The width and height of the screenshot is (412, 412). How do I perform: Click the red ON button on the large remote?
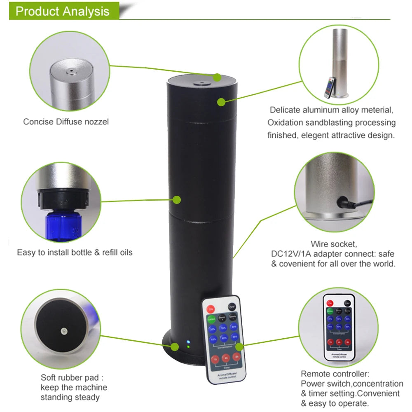coord(211,309)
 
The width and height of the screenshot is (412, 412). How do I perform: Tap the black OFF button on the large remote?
coord(232,307)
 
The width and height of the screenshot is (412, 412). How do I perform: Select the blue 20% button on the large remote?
coord(212,329)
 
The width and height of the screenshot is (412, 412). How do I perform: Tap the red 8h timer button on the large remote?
coord(236,357)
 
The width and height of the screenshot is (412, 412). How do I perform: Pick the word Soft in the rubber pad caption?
coord(48,377)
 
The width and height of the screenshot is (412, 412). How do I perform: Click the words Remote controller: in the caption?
coord(335,374)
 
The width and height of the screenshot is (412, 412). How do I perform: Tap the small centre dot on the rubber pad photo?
coord(63,331)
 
